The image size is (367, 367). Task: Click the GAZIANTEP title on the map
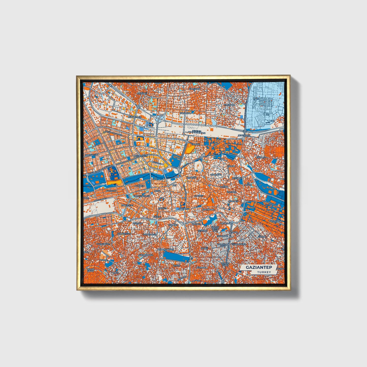[259, 267]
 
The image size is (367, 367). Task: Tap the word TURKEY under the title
[264, 272]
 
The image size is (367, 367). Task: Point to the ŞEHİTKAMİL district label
[244, 135]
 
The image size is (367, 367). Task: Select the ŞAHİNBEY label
[184, 209]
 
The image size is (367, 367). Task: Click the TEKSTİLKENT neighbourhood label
[276, 221]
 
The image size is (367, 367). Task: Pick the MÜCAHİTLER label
[135, 117]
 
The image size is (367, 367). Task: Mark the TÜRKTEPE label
[216, 175]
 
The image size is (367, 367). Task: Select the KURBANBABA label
[146, 255]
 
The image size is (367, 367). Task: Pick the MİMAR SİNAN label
[90, 270]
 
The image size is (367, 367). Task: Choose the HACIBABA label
[229, 105]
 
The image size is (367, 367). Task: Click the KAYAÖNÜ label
[142, 93]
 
